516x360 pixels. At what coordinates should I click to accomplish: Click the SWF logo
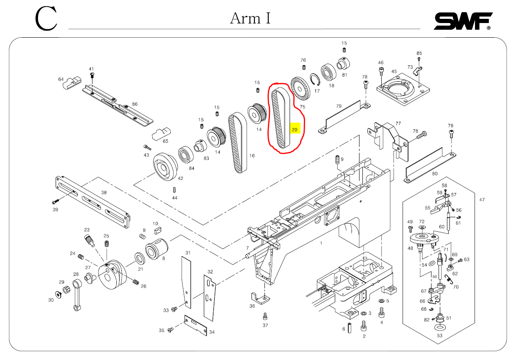click(462, 21)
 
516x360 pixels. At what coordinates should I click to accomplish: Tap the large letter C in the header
click(46, 19)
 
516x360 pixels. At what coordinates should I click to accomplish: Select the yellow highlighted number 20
click(295, 130)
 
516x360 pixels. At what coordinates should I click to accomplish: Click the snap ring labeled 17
click(315, 81)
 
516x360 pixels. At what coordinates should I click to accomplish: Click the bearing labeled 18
click(329, 73)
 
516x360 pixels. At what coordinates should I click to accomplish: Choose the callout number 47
click(482, 200)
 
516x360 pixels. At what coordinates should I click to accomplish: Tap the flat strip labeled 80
click(429, 165)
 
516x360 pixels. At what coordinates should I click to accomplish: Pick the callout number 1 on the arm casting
click(321, 243)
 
